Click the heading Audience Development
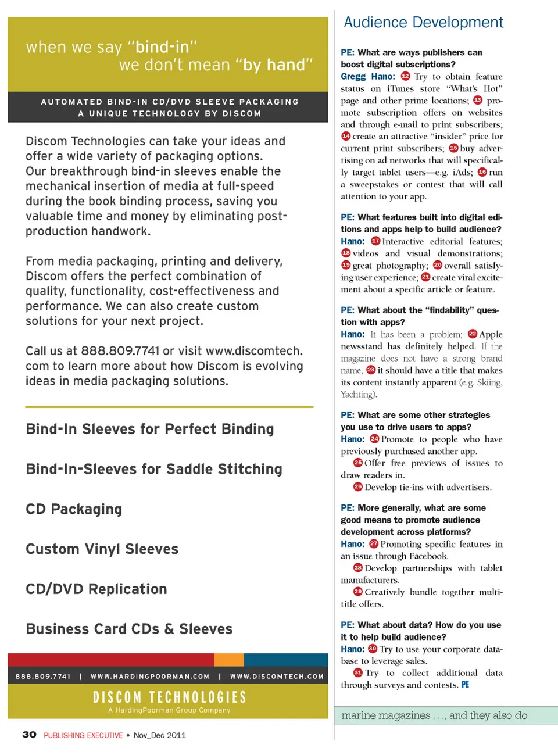tap(423, 23)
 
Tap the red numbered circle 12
tap(405, 76)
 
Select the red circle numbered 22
tap(472, 334)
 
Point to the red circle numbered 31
tap(358, 672)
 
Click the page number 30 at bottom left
tap(29, 735)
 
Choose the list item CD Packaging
tap(74, 509)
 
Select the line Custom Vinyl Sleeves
tap(102, 549)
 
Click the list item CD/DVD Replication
tap(96, 589)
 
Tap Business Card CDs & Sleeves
tap(129, 629)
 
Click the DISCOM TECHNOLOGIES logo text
tap(169, 697)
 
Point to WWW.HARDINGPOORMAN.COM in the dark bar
tap(150, 677)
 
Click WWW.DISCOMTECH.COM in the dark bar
tap(277, 677)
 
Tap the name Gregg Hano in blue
tap(367, 76)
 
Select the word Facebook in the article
tap(428, 556)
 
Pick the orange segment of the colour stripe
tap(229, 659)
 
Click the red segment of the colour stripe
tap(110, 659)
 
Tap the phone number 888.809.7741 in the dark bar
tap(43, 677)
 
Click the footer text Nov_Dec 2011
tap(160, 735)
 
